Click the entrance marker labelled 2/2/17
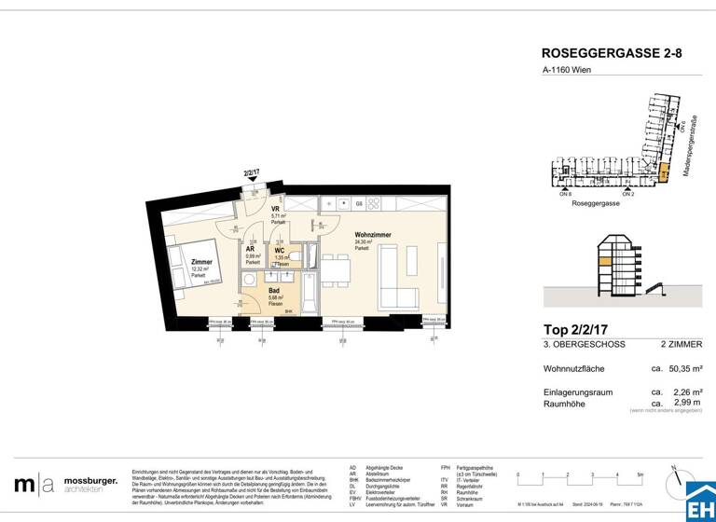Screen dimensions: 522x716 pos(251,172)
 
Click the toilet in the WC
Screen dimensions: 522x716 pos(293,254)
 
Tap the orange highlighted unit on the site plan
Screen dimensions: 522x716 pos(664,173)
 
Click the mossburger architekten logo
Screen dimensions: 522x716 pos(65,484)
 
